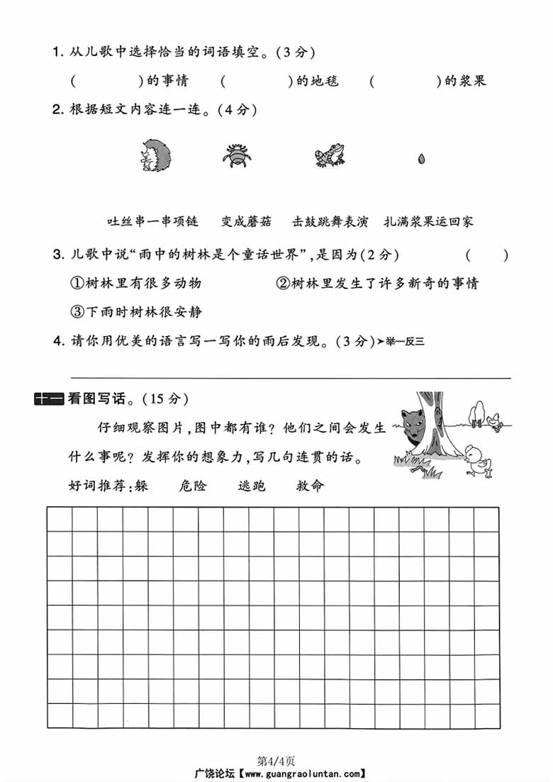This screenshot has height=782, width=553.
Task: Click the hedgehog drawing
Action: point(156,155)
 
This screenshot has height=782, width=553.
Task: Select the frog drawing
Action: point(330,155)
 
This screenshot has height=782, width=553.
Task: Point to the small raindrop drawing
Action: point(421,157)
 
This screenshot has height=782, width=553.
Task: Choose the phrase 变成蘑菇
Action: point(246,221)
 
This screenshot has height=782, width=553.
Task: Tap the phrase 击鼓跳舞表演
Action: point(330,221)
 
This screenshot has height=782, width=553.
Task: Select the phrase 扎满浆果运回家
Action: point(428,221)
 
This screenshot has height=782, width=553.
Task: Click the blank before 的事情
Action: point(107,81)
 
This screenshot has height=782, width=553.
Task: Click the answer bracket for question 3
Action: point(487,255)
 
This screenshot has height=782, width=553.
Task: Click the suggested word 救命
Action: point(310,486)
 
